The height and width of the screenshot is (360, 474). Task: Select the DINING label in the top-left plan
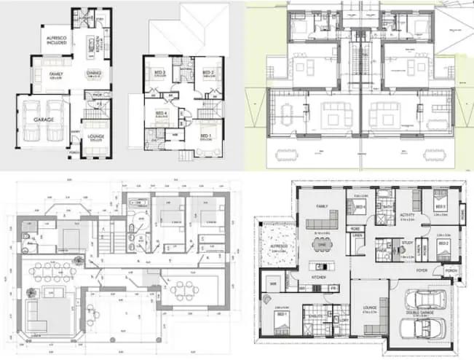click(x=93, y=73)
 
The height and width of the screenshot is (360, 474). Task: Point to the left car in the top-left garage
click(x=30, y=120)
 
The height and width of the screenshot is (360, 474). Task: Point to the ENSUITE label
click(x=312, y=308)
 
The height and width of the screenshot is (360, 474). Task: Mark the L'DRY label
click(x=344, y=318)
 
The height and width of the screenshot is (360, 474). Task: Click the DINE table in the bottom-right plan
click(x=322, y=246)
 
